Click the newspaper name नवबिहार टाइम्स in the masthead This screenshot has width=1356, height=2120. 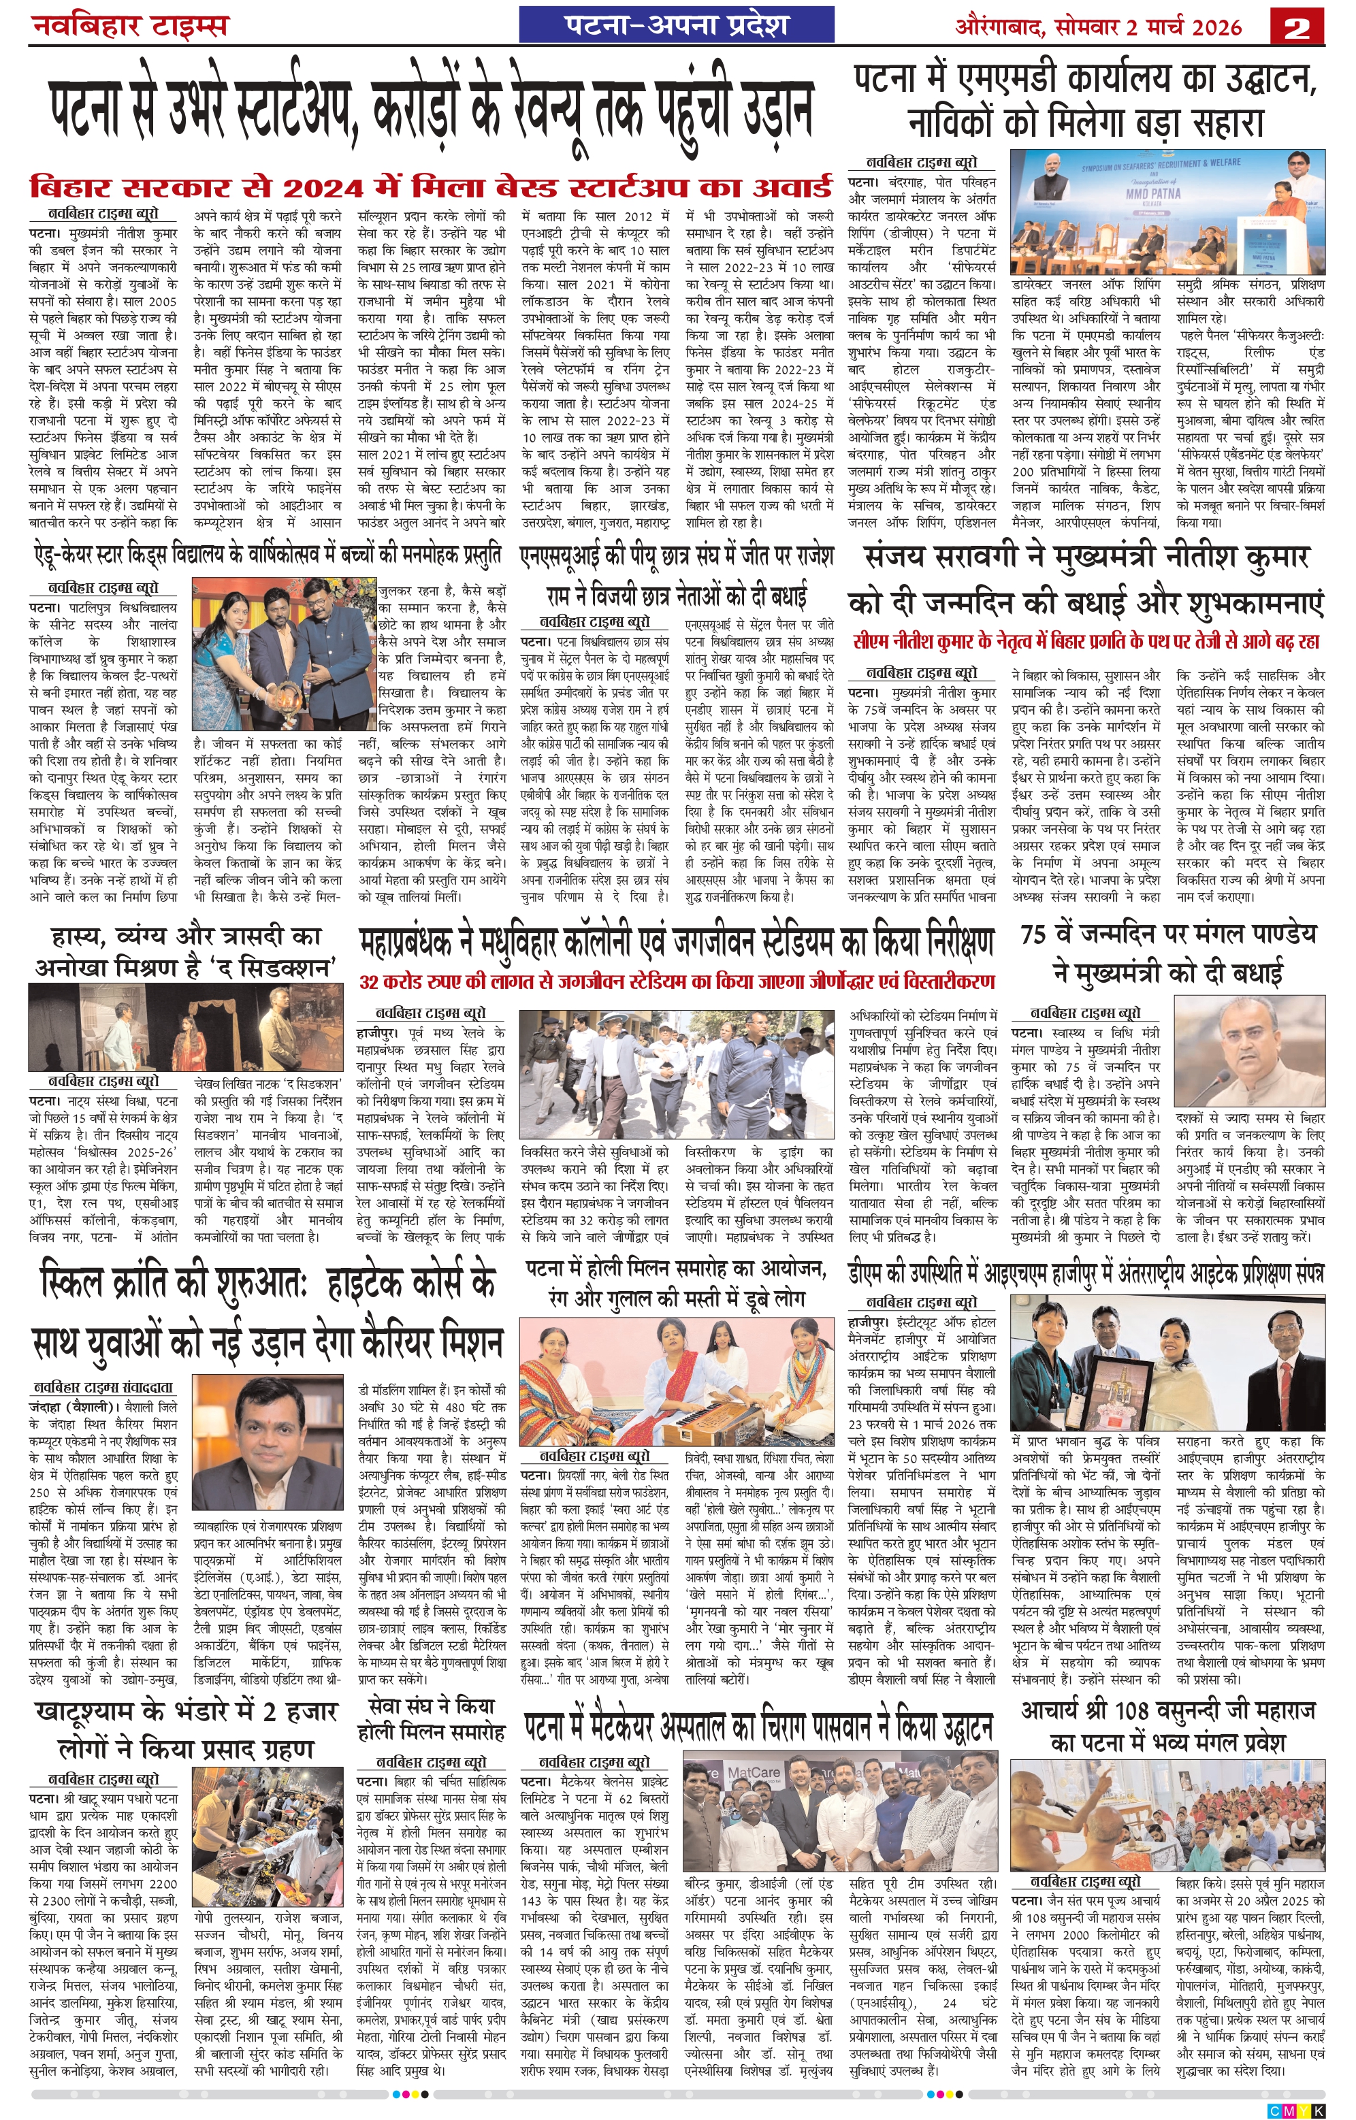click(129, 25)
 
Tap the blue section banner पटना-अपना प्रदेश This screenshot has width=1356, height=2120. click(676, 25)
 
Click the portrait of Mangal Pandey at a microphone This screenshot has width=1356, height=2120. click(1249, 1052)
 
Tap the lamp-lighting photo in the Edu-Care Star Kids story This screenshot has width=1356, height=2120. click(284, 656)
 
